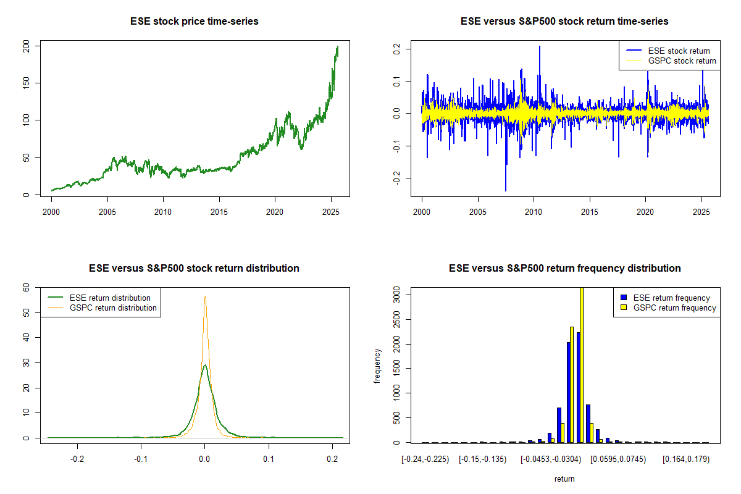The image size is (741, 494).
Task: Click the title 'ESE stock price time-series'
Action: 194,22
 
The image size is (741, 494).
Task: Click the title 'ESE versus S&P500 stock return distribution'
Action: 194,269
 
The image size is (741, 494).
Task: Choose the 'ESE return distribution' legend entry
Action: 110,298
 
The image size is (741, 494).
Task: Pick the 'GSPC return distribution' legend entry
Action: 113,308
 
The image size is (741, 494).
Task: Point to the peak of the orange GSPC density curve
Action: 205,296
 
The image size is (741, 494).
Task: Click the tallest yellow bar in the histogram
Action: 581,364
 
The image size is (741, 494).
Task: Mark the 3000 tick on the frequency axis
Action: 396,296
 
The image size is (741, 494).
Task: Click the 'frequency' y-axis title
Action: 377,365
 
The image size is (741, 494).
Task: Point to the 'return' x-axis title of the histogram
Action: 564,479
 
